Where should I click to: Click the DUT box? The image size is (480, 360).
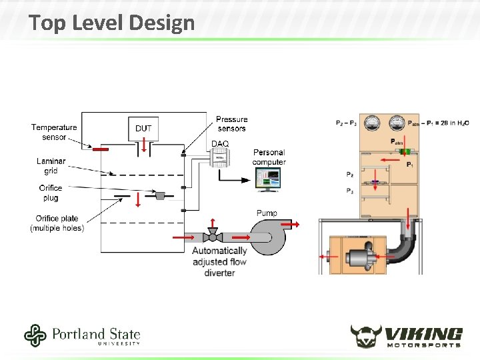tap(143, 129)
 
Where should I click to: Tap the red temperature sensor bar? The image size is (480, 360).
tap(101, 149)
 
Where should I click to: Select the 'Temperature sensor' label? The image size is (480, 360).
tap(54, 132)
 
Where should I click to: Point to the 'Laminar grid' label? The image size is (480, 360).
tap(51, 166)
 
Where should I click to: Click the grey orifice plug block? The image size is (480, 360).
tap(160, 195)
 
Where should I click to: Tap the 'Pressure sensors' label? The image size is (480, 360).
tap(231, 124)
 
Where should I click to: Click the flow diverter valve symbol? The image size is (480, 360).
tap(213, 236)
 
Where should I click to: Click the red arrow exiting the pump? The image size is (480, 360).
tap(293, 224)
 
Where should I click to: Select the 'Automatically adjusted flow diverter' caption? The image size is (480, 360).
tap(219, 261)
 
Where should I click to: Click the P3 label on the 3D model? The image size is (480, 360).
tap(350, 191)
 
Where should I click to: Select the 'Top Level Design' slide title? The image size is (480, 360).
tap(112, 23)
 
